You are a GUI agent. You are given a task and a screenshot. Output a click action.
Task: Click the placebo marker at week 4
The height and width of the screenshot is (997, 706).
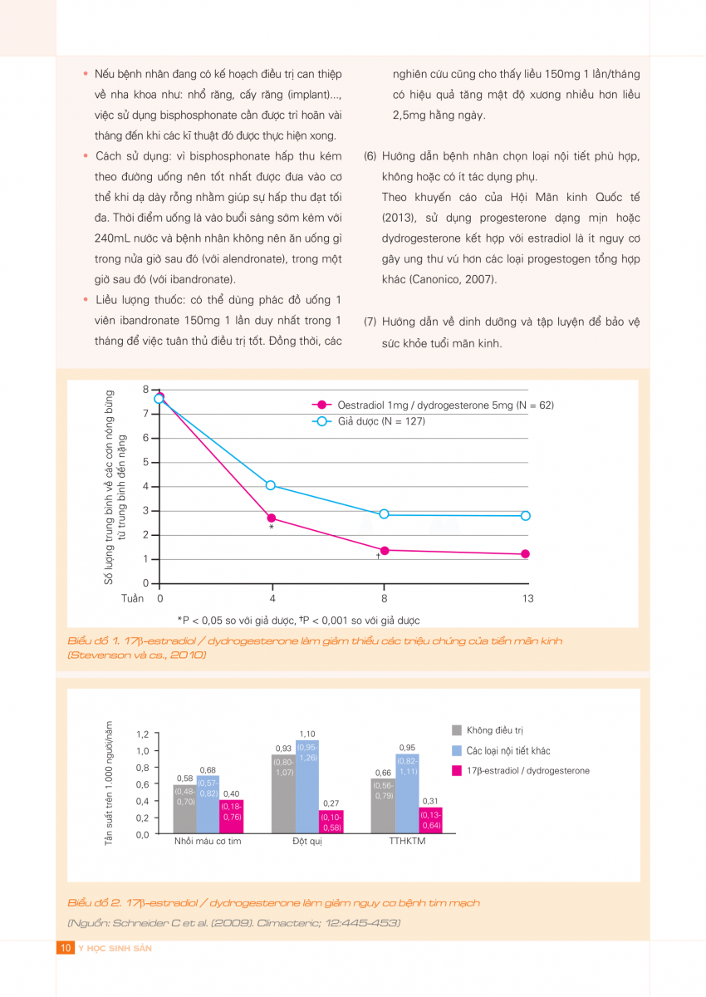tap(271, 485)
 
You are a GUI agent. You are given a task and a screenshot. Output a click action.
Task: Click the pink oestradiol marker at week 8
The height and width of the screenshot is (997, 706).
tap(384, 550)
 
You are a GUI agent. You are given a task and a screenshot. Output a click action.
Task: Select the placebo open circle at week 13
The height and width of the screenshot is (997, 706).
tap(526, 516)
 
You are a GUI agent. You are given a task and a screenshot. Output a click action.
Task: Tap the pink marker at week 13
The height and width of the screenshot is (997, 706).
tap(526, 554)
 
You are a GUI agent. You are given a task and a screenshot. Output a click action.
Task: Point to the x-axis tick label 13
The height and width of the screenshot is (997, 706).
tap(527, 598)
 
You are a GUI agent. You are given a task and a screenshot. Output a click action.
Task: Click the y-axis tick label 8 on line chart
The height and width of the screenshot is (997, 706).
tap(145, 389)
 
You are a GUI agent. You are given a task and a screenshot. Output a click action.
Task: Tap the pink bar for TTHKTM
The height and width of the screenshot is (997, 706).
tap(430, 820)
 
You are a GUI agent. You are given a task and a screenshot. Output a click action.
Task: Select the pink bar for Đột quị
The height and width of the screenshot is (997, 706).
tap(331, 822)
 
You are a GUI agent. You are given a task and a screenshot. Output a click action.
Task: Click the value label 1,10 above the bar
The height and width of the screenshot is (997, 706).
tap(307, 734)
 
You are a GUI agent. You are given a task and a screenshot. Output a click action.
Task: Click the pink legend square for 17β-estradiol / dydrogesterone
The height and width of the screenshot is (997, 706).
tap(456, 770)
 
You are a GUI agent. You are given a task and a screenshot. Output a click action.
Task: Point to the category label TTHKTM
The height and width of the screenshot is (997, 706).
tap(407, 842)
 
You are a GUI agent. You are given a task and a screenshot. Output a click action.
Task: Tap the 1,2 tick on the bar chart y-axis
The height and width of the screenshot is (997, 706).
tap(141, 734)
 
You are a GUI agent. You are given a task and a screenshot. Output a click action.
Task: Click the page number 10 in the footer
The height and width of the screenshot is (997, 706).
tap(65, 948)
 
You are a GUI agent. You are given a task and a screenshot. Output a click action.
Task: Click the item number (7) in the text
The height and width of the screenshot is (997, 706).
tap(370, 322)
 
